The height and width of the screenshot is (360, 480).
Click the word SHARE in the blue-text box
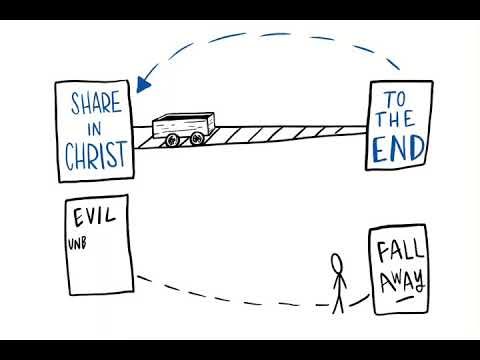click(94, 104)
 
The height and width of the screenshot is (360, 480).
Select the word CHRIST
click(95, 156)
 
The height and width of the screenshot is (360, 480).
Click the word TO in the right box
click(397, 100)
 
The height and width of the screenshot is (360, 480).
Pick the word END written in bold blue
click(399, 149)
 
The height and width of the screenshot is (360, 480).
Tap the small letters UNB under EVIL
click(79, 242)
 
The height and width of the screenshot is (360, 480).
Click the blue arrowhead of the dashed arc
click(146, 78)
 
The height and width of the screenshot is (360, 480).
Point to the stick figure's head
click(338, 263)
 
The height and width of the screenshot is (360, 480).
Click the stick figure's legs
click(338, 301)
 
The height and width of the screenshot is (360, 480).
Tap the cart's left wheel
click(172, 141)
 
